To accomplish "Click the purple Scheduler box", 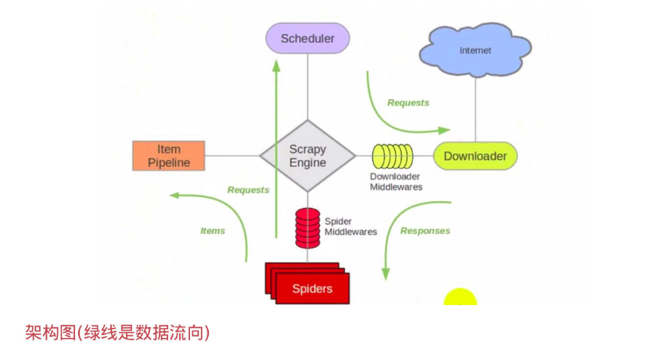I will click(x=307, y=38).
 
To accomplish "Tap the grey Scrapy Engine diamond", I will click(x=307, y=156).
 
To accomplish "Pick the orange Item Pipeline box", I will click(x=169, y=156).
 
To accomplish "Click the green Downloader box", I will click(x=475, y=156).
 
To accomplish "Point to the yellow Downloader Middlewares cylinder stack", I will click(x=392, y=157).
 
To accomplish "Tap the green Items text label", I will click(x=213, y=231).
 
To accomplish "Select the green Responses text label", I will click(x=425, y=231).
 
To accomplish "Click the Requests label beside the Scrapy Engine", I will click(x=248, y=190).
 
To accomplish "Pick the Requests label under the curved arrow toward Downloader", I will click(x=408, y=103).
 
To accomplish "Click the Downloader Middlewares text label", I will click(x=396, y=182).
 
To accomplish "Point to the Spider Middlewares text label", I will click(x=350, y=226).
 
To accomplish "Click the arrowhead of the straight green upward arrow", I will click(x=276, y=64).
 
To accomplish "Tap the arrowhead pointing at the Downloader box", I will click(x=445, y=130).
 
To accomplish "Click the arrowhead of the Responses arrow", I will click(x=385, y=273).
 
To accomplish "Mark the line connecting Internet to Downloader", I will click(x=476, y=106).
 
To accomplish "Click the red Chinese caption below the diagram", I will click(x=117, y=333).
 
